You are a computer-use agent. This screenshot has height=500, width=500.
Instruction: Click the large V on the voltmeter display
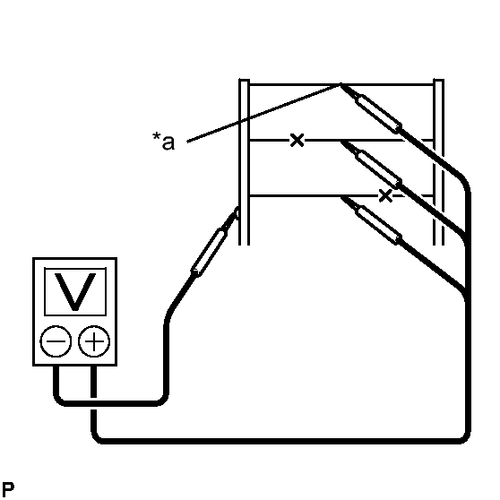coord(75,292)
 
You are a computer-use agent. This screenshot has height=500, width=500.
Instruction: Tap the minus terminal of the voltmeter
coord(56,341)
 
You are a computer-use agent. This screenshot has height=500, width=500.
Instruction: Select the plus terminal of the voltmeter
coord(94,341)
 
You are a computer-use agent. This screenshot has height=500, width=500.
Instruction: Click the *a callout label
coord(164,142)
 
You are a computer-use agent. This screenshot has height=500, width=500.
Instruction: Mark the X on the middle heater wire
coord(297,140)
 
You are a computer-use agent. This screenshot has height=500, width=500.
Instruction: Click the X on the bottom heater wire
coord(385,195)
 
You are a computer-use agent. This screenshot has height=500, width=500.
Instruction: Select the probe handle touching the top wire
coord(378,114)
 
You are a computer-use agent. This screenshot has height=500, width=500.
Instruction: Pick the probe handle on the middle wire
coord(378,169)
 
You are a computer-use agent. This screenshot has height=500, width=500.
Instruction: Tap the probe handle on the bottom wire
coord(378,225)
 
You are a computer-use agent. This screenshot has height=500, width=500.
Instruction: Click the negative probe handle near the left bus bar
coord(209,253)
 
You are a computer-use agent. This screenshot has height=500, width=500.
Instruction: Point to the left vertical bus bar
coord(245,162)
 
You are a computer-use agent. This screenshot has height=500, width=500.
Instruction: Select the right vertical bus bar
coord(438,162)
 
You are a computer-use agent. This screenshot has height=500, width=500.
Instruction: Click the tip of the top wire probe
coord(341,84)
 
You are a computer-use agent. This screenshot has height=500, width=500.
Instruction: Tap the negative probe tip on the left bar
coord(237,211)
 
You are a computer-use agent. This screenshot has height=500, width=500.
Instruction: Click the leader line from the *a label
coord(263,113)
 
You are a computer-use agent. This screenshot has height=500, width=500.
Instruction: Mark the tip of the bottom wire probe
coord(341,197)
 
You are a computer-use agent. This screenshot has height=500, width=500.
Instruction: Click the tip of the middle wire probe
coord(341,142)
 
